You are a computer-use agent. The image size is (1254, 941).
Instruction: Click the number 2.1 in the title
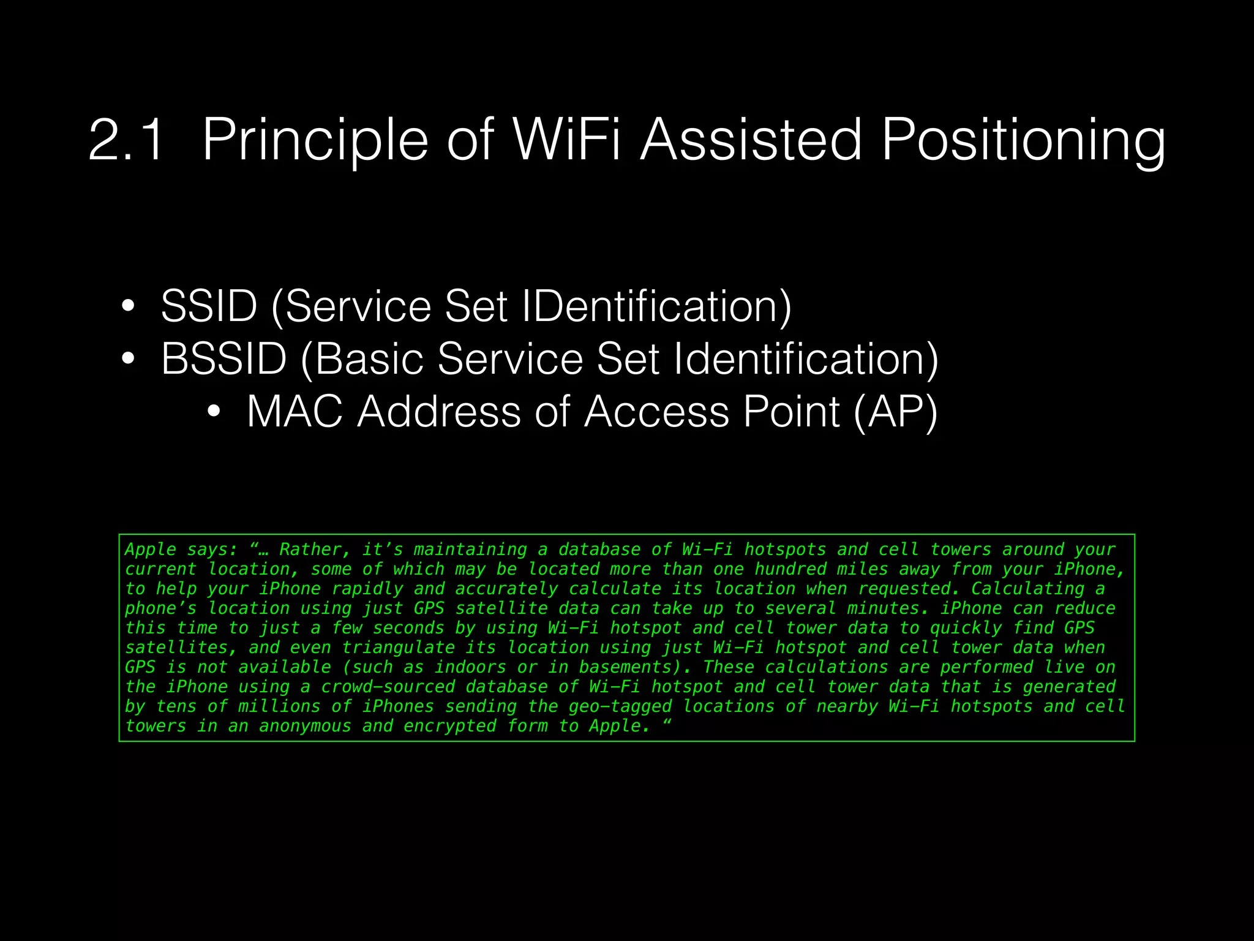(x=126, y=140)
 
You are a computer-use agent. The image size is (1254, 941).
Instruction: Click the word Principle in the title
(x=315, y=140)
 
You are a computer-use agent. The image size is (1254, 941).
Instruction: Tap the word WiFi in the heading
(x=566, y=140)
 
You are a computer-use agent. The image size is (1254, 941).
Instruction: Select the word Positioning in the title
(x=1023, y=140)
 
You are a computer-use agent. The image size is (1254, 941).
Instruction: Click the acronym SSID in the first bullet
(x=209, y=306)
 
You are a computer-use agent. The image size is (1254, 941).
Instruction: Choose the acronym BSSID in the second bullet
(x=223, y=358)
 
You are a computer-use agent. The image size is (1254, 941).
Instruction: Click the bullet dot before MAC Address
(x=213, y=411)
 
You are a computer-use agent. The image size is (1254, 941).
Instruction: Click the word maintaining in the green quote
(x=470, y=550)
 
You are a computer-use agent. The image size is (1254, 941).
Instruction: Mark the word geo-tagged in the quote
(x=620, y=706)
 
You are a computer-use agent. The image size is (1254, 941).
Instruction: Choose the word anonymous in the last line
(x=305, y=726)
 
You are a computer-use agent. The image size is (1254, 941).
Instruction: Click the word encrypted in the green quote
(x=449, y=726)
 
